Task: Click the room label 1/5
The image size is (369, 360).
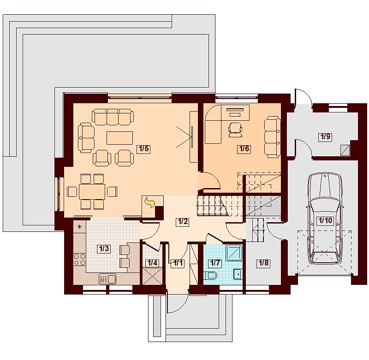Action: coord(143,149)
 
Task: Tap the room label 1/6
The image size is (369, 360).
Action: coord(244,148)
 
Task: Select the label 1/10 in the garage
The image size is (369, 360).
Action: coord(325,220)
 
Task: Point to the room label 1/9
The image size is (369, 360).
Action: coord(325,136)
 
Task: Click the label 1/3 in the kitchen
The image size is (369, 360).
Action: coord(104,248)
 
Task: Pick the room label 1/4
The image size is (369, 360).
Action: coord(153,263)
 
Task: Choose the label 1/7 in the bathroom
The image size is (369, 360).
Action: coord(215,263)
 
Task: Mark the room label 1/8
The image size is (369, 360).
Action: coord(263,263)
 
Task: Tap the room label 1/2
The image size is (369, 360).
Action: coord(183,222)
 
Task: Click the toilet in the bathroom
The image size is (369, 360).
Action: coord(211,275)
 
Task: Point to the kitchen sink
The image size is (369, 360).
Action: coord(108,279)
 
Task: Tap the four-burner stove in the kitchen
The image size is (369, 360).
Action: coord(80,259)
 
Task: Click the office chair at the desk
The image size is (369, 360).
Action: coord(235,130)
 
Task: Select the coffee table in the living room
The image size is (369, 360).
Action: coord(120,138)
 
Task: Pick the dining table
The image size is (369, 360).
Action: coord(92,192)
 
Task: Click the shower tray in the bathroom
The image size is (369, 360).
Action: coord(234,252)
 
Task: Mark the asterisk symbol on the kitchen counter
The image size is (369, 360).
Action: coord(79,227)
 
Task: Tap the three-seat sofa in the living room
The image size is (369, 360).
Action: coord(113,117)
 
